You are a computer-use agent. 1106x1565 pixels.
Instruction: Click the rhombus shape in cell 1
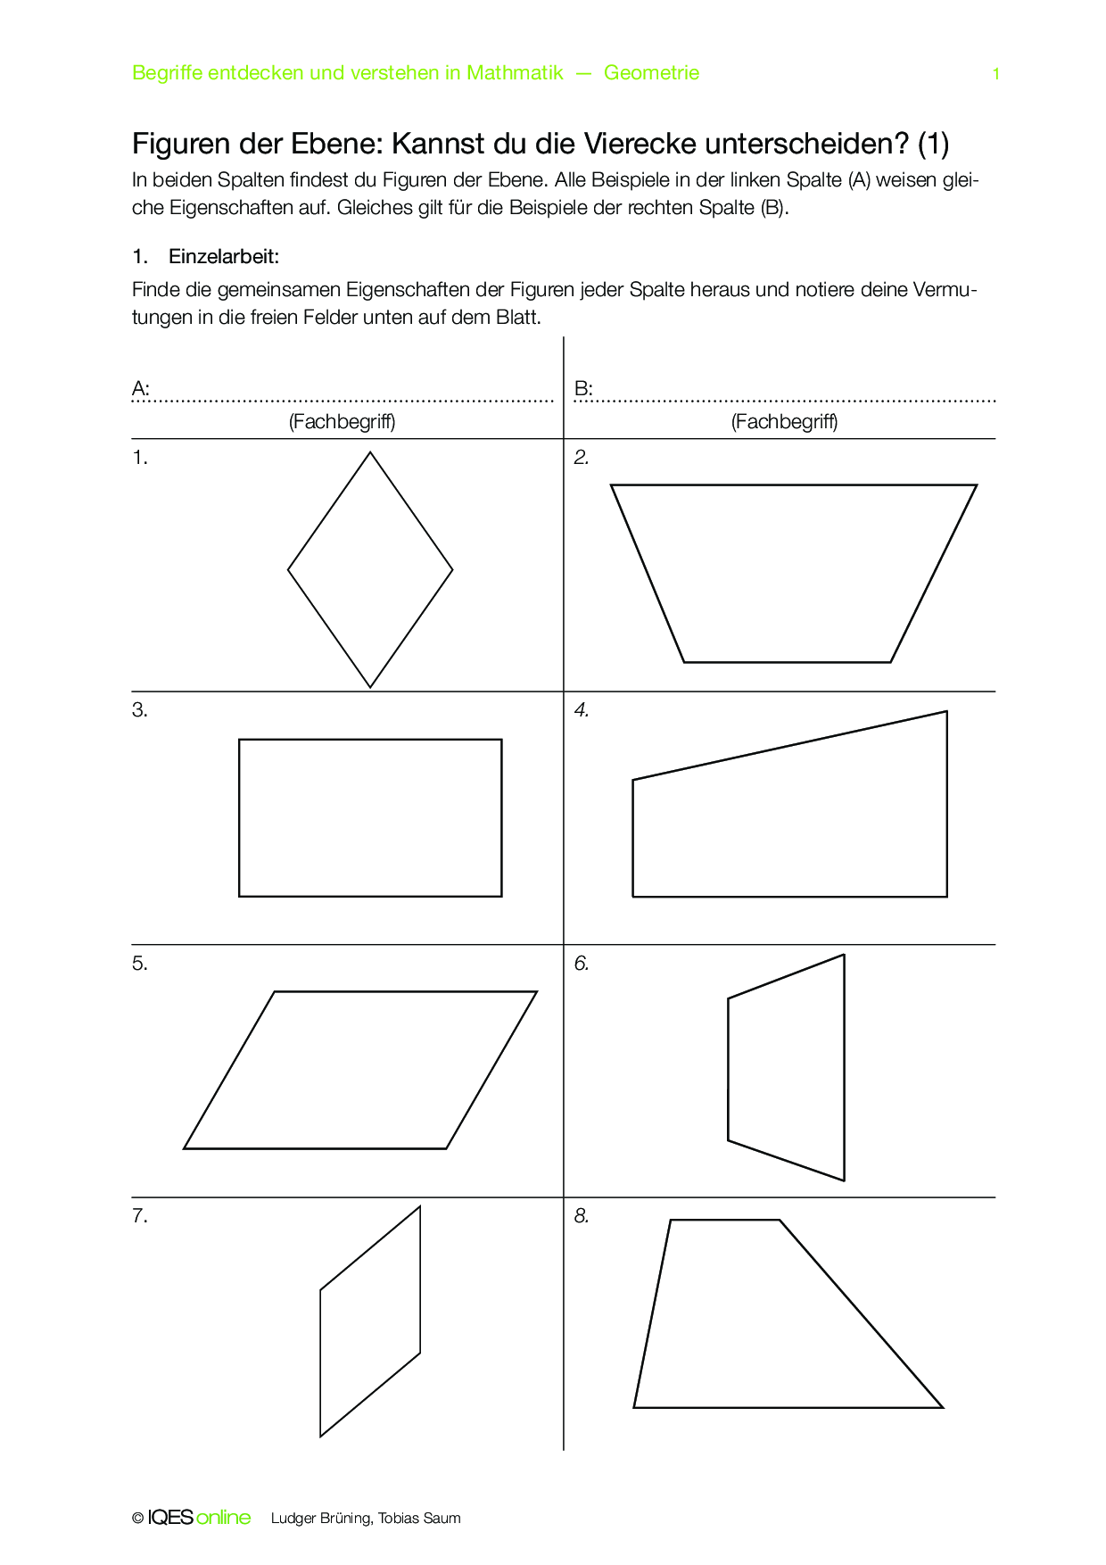coord(370,569)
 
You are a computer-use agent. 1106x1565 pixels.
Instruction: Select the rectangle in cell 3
coord(370,817)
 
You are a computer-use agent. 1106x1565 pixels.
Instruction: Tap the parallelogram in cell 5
coord(360,1070)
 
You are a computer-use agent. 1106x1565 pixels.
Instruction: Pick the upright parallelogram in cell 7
coord(370,1321)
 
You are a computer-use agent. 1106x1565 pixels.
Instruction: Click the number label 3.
coord(140,710)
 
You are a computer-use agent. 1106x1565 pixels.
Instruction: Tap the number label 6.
coord(582,964)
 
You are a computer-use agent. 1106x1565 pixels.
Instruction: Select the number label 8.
coord(582,1216)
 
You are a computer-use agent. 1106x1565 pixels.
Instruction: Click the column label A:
coord(141,389)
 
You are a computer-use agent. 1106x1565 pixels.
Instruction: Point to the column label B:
coord(583,389)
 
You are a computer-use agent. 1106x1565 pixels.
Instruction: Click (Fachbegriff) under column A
coord(342,422)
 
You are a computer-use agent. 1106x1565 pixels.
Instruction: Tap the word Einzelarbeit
coord(224,257)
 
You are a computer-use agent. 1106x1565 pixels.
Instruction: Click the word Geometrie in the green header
coord(651,73)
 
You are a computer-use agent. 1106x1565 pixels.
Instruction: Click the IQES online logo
coord(199,1518)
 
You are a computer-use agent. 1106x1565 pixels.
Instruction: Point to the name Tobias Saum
coord(419,1519)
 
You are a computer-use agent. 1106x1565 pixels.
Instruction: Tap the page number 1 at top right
coord(996,74)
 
